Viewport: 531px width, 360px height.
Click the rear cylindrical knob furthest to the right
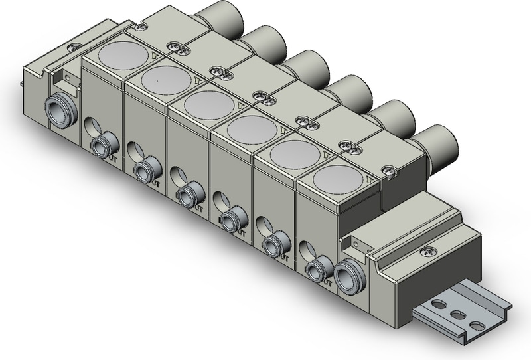pos(437,142)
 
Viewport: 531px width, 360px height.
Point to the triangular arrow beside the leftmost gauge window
pos(155,57)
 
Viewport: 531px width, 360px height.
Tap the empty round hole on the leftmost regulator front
pos(90,126)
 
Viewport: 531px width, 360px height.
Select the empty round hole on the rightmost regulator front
pos(307,251)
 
